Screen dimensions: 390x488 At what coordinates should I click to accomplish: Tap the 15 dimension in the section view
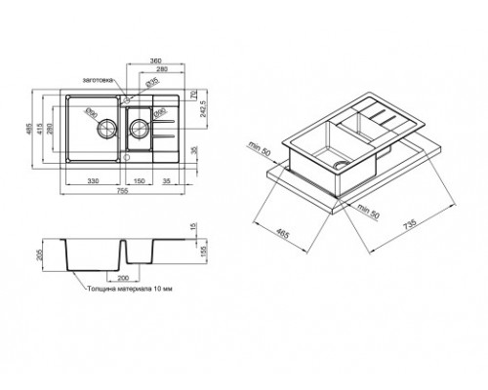pos(201,228)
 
